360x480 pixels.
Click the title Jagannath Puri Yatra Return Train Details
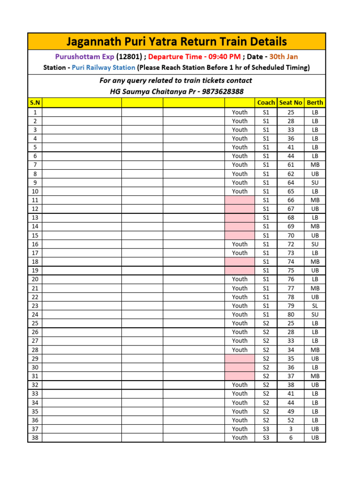pyautogui.click(x=176, y=42)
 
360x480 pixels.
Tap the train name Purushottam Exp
pyautogui.click(x=85, y=57)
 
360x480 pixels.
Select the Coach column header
pyautogui.click(x=266, y=103)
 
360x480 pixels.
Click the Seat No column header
pyautogui.click(x=291, y=103)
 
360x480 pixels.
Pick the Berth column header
pyautogui.click(x=315, y=103)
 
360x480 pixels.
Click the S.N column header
pyautogui.click(x=35, y=103)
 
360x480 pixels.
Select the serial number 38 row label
pyautogui.click(x=35, y=437)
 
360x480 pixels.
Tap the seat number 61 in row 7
pyautogui.click(x=291, y=165)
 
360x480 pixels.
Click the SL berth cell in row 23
pyautogui.click(x=315, y=306)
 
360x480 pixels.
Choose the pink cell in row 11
pyautogui.click(x=240, y=200)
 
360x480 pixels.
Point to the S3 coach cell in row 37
pyautogui.click(x=266, y=429)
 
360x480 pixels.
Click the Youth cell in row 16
pyautogui.click(x=240, y=244)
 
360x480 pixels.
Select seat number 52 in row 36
pyautogui.click(x=291, y=420)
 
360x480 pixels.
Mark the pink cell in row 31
pyautogui.click(x=240, y=376)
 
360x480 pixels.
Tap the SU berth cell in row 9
pyautogui.click(x=315, y=182)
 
